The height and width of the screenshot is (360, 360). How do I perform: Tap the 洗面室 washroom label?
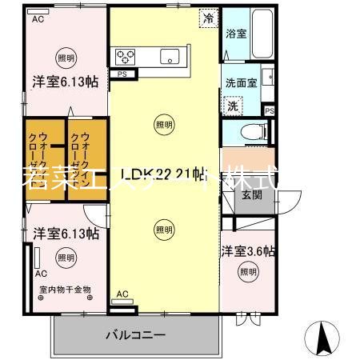click(x=241, y=83)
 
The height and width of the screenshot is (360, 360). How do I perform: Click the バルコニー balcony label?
click(x=135, y=334)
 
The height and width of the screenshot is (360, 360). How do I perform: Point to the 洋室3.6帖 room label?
click(x=248, y=251)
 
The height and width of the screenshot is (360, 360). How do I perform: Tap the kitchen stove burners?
click(x=126, y=55)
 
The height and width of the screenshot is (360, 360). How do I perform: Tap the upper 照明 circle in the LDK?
click(x=163, y=124)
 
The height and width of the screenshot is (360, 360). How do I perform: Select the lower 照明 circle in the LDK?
click(x=163, y=230)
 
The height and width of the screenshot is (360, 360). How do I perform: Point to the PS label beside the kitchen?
click(x=122, y=74)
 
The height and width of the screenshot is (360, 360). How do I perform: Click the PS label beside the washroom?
click(x=270, y=110)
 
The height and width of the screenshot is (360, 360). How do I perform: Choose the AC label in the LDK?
click(x=122, y=295)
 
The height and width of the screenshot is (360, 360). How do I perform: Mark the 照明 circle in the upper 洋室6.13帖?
click(x=66, y=58)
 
